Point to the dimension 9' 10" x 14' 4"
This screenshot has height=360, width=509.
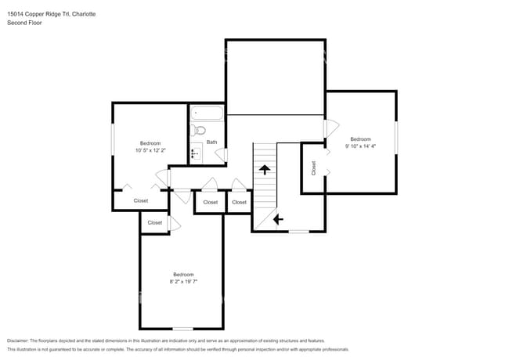[360, 146]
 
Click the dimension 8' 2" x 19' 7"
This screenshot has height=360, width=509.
[183, 282]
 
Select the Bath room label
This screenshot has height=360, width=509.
[211, 142]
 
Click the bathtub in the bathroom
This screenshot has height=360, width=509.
[207, 114]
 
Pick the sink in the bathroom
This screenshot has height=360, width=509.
[196, 152]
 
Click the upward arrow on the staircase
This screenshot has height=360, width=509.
[265, 168]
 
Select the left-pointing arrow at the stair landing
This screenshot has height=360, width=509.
[277, 220]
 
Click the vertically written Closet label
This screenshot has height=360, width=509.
[313, 167]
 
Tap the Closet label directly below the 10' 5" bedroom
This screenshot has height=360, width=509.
[141, 201]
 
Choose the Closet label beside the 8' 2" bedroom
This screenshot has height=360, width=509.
[155, 223]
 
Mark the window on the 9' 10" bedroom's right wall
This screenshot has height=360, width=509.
[396, 137]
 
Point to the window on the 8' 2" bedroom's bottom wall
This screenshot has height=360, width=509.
[183, 328]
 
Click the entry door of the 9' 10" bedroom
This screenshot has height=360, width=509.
[330, 127]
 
